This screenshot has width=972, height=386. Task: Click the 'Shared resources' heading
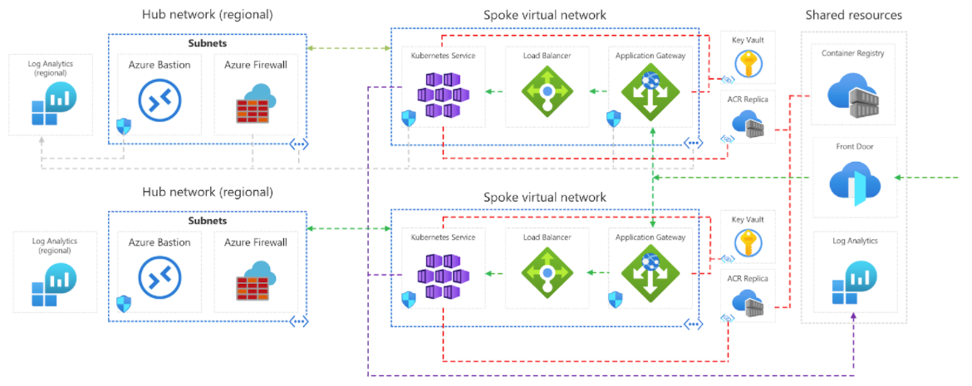pyautogui.click(x=853, y=15)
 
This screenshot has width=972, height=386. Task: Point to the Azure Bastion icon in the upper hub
pyautogui.click(x=160, y=100)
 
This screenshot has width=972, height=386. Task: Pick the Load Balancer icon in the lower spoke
pyautogui.click(x=547, y=272)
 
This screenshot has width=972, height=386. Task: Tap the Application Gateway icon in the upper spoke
pyautogui.click(x=650, y=92)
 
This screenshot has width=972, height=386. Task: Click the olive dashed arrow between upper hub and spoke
pyautogui.click(x=349, y=49)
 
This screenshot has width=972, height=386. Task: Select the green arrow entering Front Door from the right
pyautogui.click(x=930, y=178)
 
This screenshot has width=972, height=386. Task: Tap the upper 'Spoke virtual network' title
pyautogui.click(x=545, y=15)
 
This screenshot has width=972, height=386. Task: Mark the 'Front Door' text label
pyautogui.click(x=853, y=147)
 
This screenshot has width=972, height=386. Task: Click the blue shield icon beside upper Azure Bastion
pyautogui.click(x=123, y=126)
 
